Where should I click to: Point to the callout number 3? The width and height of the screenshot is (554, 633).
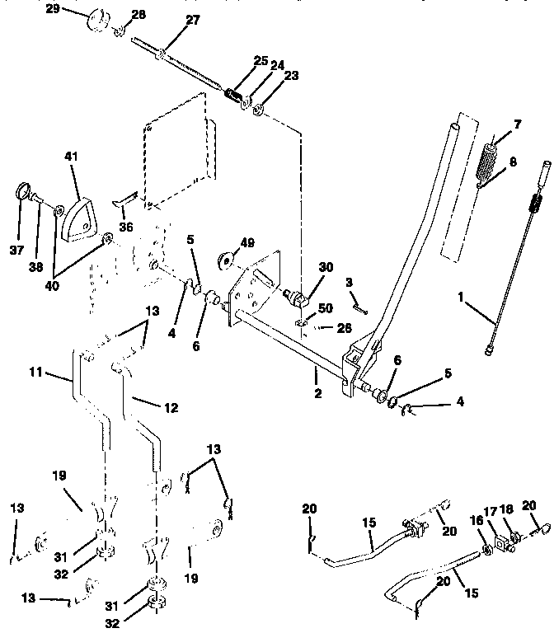[x=349, y=283]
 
